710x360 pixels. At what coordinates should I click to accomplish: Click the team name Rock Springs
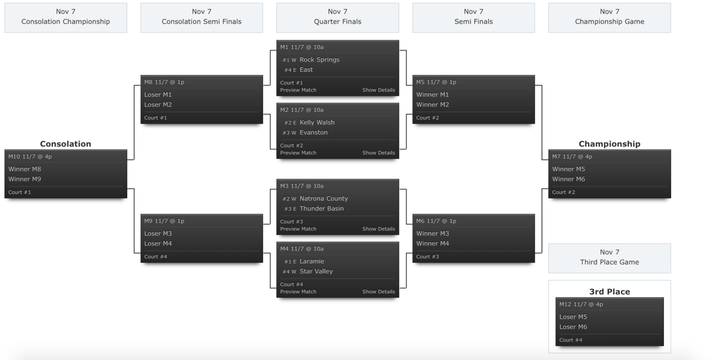click(319, 60)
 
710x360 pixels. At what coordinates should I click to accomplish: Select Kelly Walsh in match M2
click(317, 122)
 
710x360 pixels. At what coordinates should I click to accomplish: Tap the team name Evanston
click(313, 133)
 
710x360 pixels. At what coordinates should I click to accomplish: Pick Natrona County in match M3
click(324, 199)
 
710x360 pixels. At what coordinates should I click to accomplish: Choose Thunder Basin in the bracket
click(322, 208)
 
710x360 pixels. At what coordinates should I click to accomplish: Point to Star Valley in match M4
click(316, 271)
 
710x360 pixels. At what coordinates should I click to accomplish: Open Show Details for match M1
click(379, 90)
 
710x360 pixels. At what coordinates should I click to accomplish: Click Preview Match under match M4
click(298, 292)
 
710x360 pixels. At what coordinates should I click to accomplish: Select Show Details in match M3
click(379, 229)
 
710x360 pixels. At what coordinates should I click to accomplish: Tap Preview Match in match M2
click(298, 153)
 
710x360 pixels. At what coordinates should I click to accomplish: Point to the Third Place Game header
click(609, 258)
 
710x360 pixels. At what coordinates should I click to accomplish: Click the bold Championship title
click(609, 144)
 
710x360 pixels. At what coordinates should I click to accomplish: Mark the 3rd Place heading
click(609, 292)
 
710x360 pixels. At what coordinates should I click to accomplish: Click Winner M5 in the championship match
click(569, 169)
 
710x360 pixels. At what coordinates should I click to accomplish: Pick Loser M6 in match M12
click(573, 327)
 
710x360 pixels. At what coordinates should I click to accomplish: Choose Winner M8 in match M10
click(24, 169)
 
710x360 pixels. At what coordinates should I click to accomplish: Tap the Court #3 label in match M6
click(428, 256)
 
